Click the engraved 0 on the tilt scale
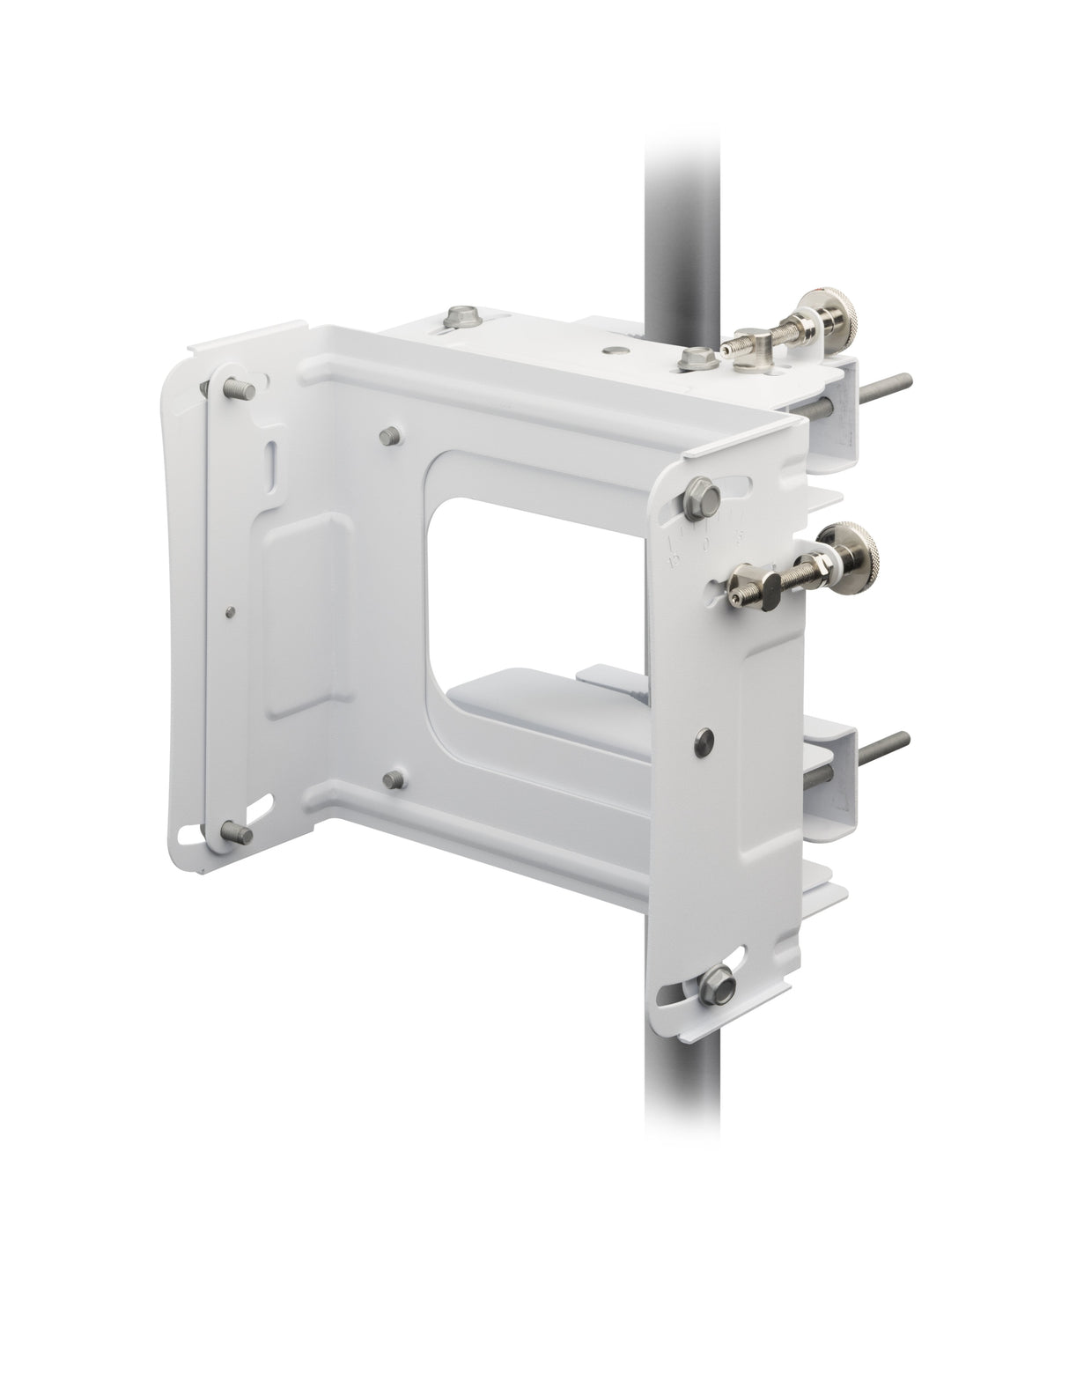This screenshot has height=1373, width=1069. click(x=707, y=548)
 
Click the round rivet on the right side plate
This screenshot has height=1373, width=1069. click(x=704, y=735)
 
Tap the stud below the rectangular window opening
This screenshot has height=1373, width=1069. click(x=395, y=778)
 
